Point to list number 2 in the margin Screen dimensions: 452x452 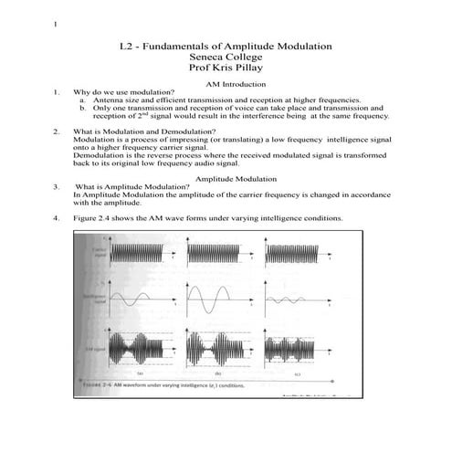pos(57,131)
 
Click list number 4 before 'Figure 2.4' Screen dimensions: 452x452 pos(57,218)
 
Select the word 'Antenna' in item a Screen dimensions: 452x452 pos(122,100)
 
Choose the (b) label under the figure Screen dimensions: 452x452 pos(219,374)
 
